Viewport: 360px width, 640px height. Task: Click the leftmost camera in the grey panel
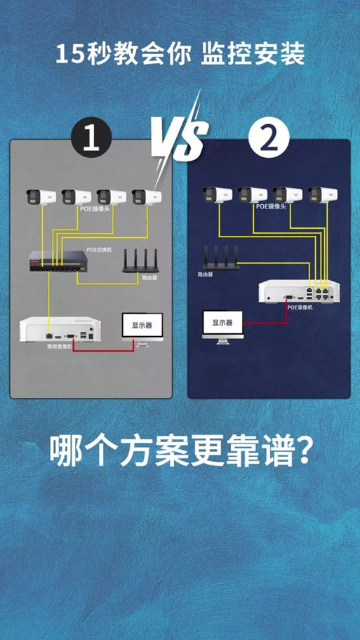(41, 196)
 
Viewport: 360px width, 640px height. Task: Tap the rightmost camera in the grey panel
(147, 196)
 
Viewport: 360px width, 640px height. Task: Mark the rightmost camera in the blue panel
(322, 194)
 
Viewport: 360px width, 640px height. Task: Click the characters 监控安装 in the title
(253, 54)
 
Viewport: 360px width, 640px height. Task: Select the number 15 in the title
(69, 54)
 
